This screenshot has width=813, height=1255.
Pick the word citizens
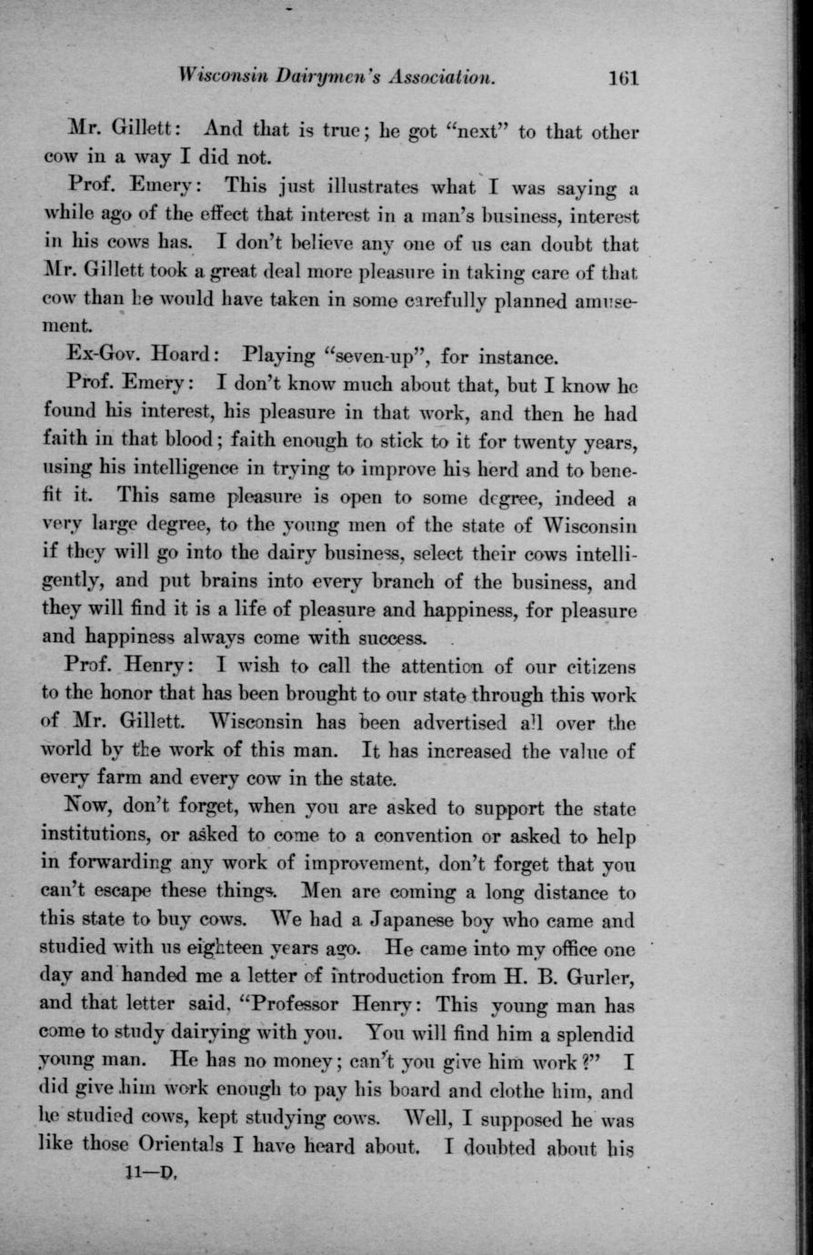(594, 667)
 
